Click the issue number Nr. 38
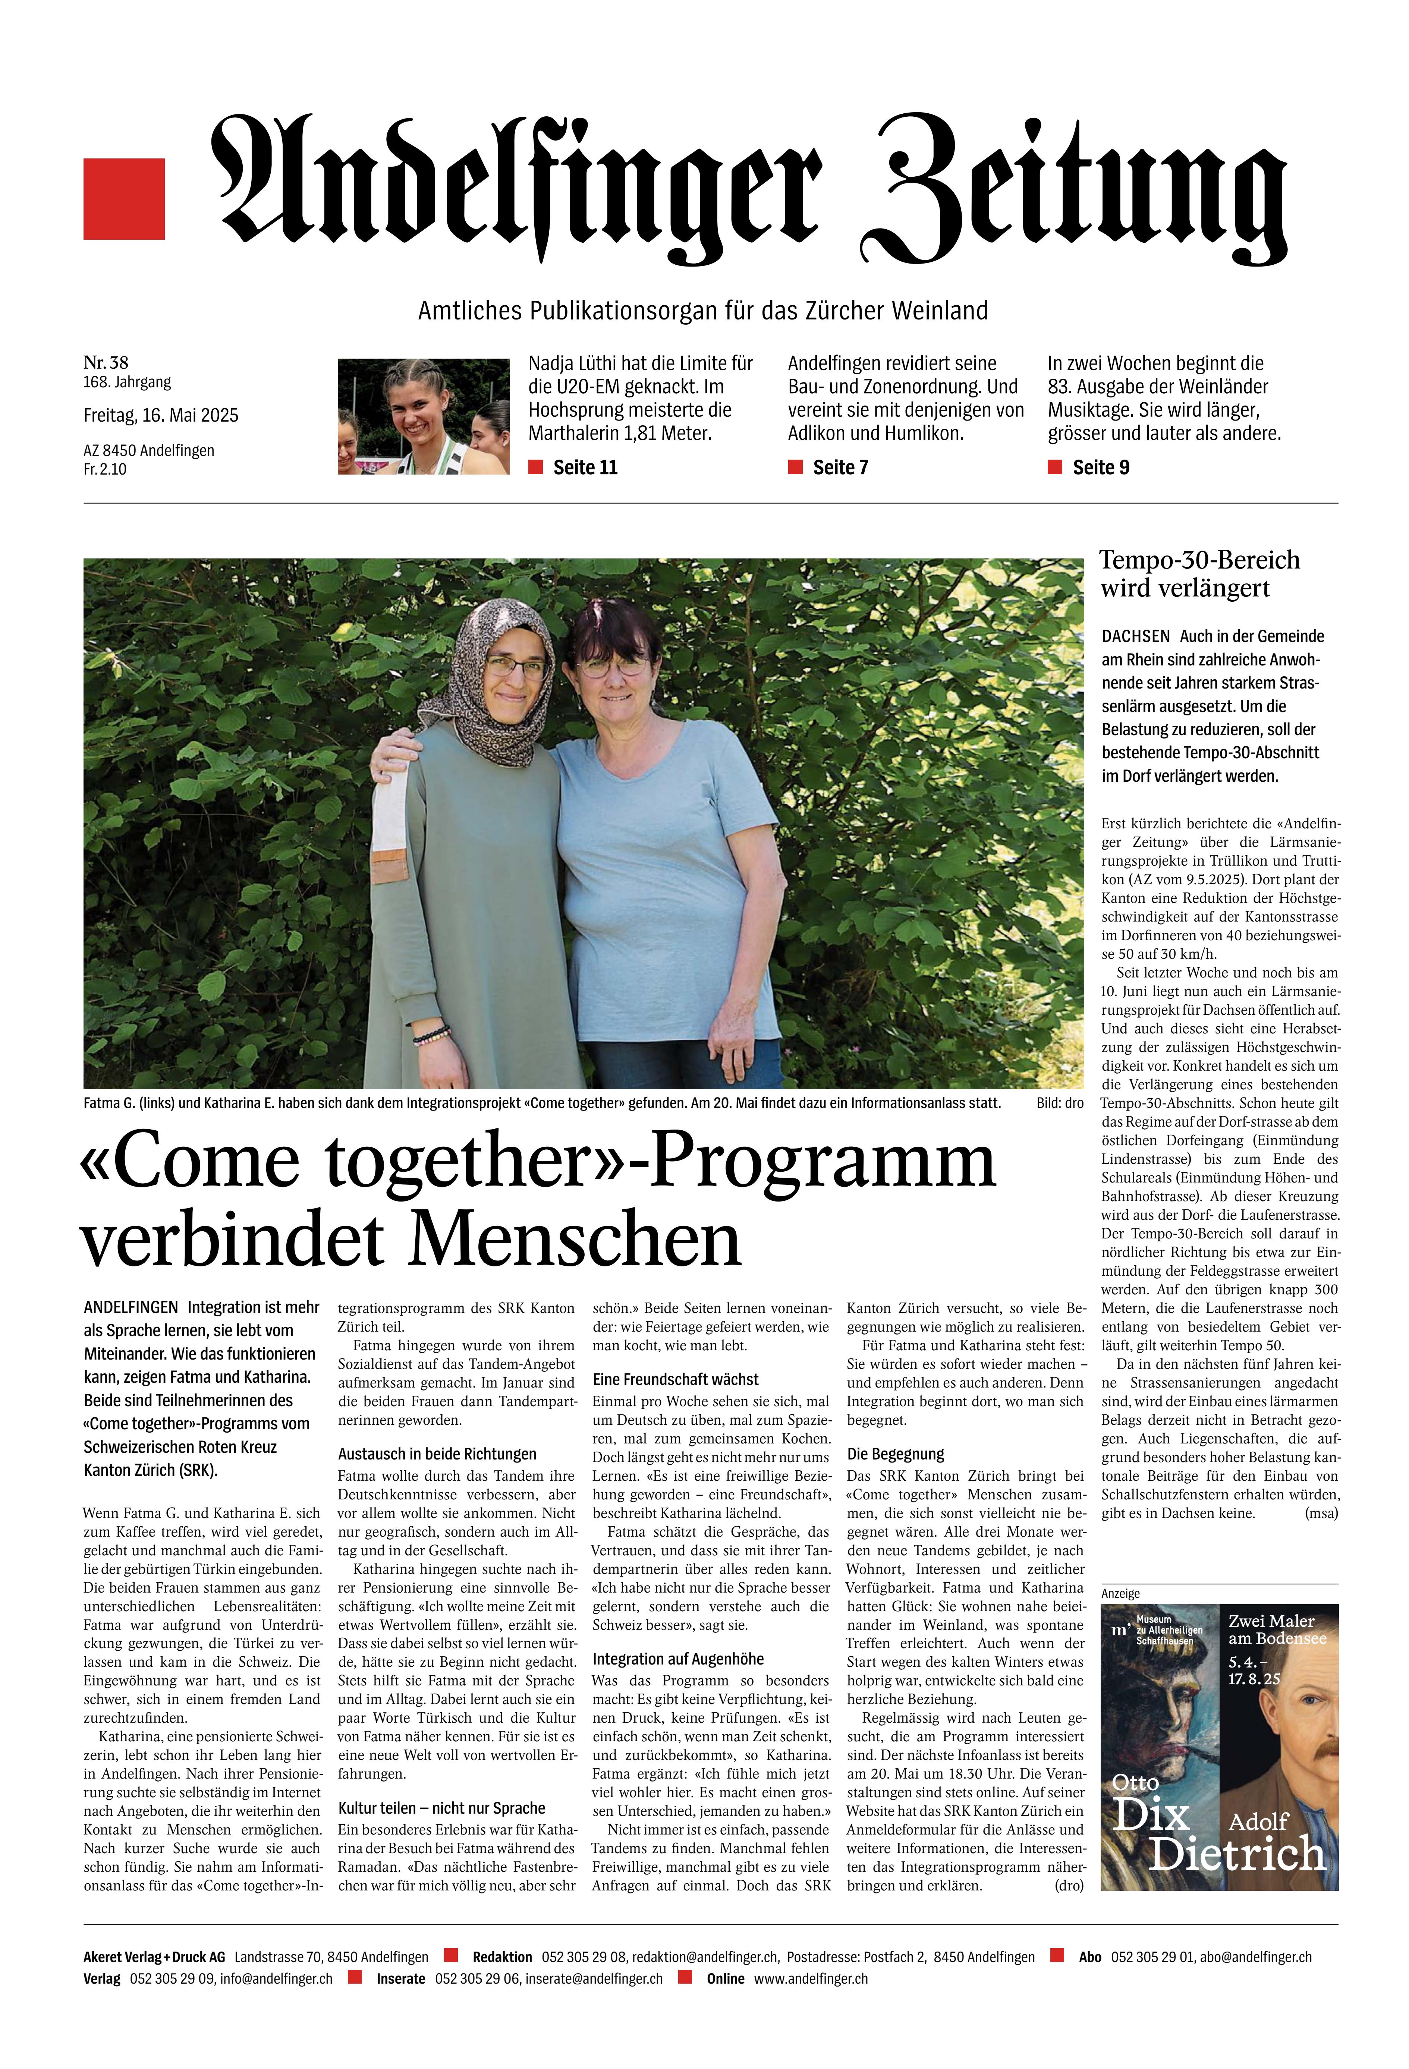[106, 362]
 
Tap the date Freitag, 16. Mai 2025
[161, 416]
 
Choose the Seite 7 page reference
[840, 467]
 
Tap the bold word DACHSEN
[1136, 637]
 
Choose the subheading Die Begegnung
[895, 1454]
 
